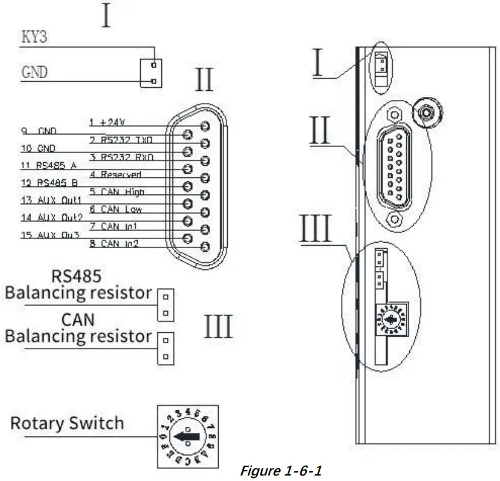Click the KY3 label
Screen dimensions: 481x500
pos(35,37)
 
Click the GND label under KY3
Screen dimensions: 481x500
pos(35,72)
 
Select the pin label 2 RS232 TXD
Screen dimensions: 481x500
pos(121,140)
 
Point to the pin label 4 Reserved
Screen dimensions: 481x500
pos(116,174)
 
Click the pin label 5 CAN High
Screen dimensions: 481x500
pos(118,191)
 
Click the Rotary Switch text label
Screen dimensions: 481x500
pos(67,423)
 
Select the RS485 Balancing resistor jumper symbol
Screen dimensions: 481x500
pos(164,304)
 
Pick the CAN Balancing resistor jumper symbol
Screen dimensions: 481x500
pos(164,348)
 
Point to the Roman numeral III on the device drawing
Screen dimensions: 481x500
pos(317,227)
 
